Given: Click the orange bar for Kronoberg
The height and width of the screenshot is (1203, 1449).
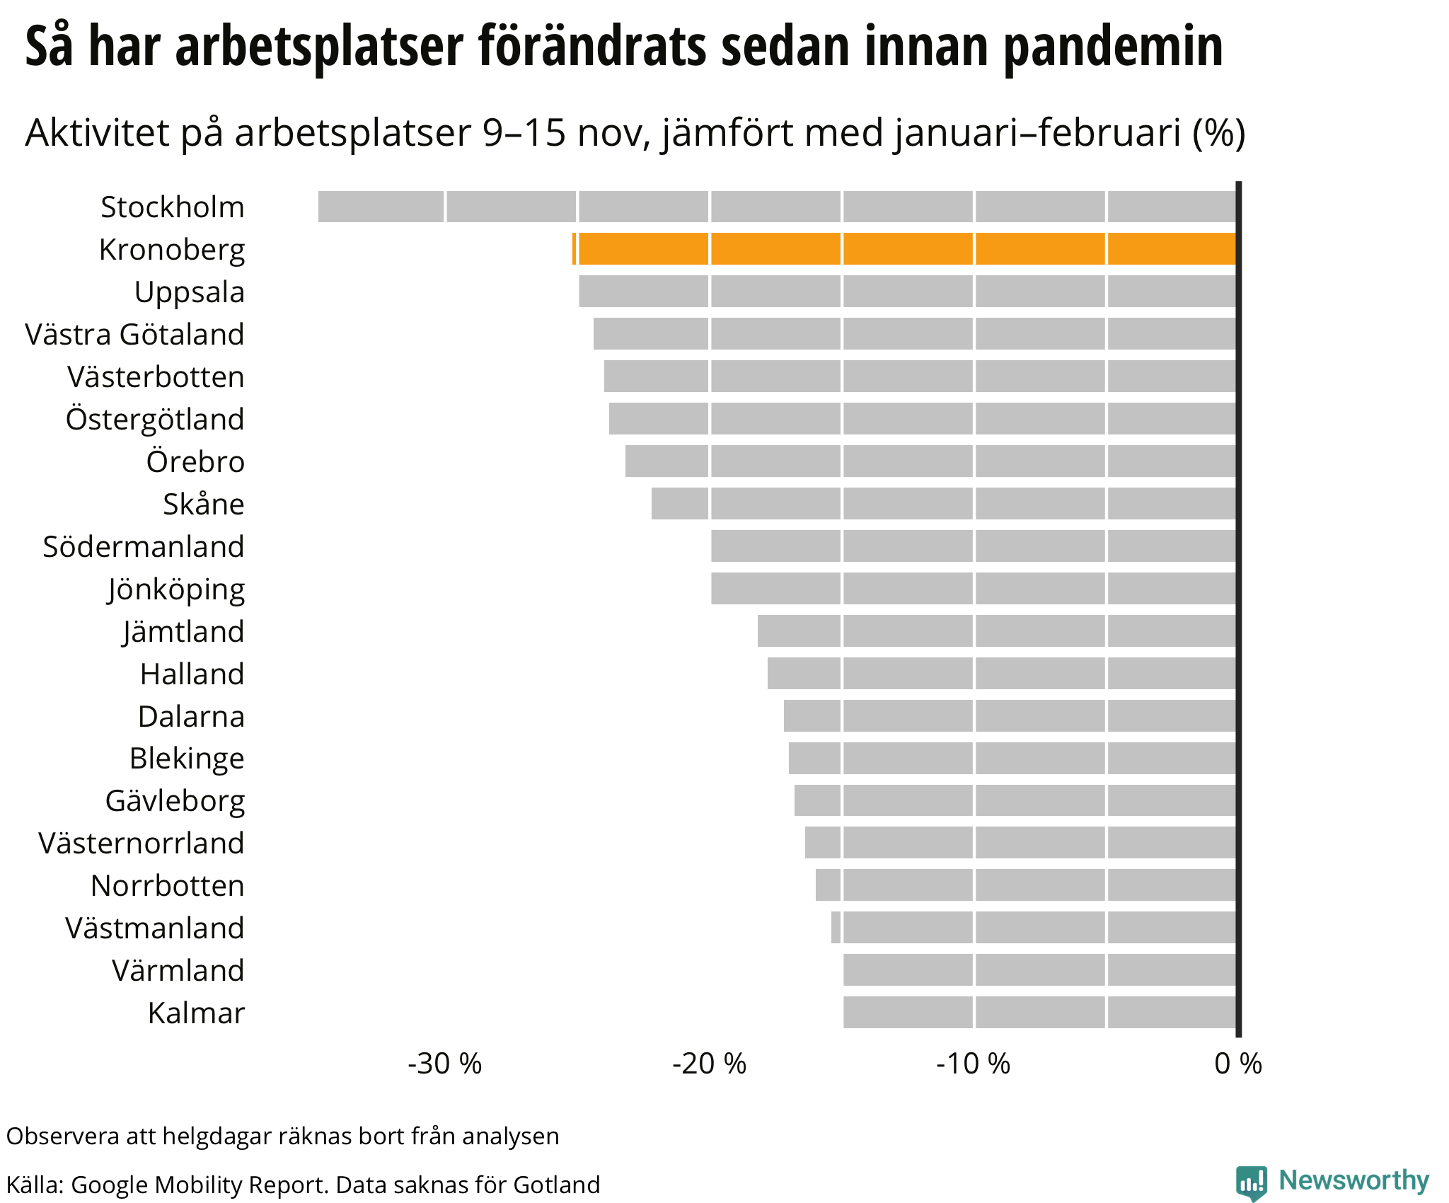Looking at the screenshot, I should coord(904,249).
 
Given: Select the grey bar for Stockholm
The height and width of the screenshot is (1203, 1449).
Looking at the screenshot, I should coord(777,207).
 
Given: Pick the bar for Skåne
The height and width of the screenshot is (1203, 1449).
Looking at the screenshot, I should coord(943,504).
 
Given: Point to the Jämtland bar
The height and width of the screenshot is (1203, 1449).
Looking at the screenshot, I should coord(996,631).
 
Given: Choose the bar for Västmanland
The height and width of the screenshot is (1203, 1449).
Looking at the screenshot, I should coord(1033,928).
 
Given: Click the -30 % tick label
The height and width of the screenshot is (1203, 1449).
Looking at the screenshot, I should coord(444,1064).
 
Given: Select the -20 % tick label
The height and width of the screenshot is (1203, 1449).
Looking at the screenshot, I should coord(709,1064).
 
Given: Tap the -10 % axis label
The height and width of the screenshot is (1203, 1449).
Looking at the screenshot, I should coord(974,1064).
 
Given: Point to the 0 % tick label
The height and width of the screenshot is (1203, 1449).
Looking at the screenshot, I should coord(1238,1064).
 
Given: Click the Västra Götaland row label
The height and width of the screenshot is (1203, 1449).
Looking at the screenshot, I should coord(134,335).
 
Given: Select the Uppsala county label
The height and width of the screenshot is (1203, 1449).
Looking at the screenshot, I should coord(190,292).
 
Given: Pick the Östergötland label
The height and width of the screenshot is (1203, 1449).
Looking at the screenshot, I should coord(155,419).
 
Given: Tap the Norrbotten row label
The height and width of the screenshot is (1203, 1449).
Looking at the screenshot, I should coord(168,886).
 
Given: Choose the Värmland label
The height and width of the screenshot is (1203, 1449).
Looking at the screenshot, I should coord(178,971).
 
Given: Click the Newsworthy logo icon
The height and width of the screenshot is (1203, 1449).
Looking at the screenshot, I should coord(1251,1182).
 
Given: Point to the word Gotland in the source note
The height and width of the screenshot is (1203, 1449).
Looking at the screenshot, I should coord(557,1185).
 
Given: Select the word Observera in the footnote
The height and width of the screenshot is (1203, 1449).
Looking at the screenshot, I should coord(63,1136).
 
